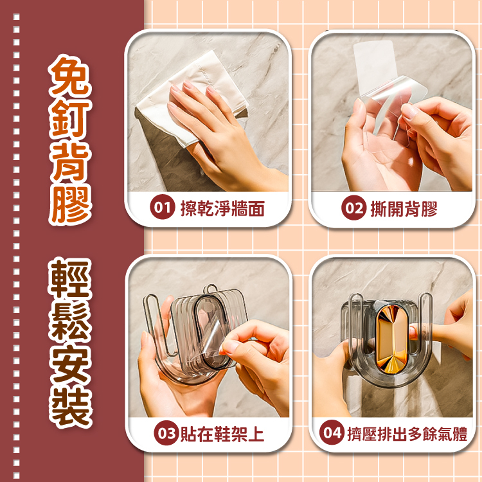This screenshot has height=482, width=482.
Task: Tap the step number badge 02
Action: click(353, 208)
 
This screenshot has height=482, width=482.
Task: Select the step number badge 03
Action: click(166, 433)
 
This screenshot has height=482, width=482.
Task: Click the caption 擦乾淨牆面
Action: click(222, 208)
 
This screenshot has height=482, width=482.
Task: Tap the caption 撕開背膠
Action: click(404, 209)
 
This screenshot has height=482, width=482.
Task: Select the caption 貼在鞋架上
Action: click(222, 434)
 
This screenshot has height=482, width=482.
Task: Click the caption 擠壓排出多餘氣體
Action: click(407, 434)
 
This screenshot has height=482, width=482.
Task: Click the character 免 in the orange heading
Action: click(71, 75)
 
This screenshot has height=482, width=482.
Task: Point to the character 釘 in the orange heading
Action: click(71, 118)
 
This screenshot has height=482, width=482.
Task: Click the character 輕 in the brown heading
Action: click(70, 279)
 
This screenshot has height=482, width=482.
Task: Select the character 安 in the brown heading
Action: click(70, 364)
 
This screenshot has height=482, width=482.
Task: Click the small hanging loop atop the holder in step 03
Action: click(210, 289)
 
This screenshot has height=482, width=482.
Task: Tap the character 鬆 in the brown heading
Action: click(70, 321)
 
